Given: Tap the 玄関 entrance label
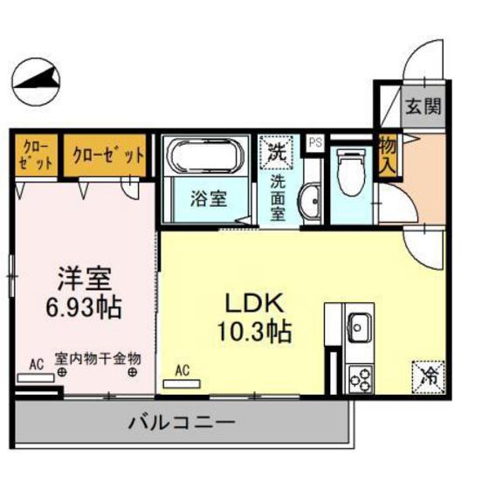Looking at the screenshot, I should pyautogui.click(x=422, y=107).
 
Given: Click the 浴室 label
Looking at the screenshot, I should pyautogui.click(x=210, y=198).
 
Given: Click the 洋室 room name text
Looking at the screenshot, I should pyautogui.click(x=85, y=279).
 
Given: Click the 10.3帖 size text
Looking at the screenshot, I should pyautogui.click(x=255, y=333).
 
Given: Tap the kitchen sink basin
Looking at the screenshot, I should pyautogui.click(x=358, y=329).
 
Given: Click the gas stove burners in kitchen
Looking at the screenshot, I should pyautogui.click(x=358, y=376).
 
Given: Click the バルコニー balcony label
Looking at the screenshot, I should pyautogui.click(x=182, y=424).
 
